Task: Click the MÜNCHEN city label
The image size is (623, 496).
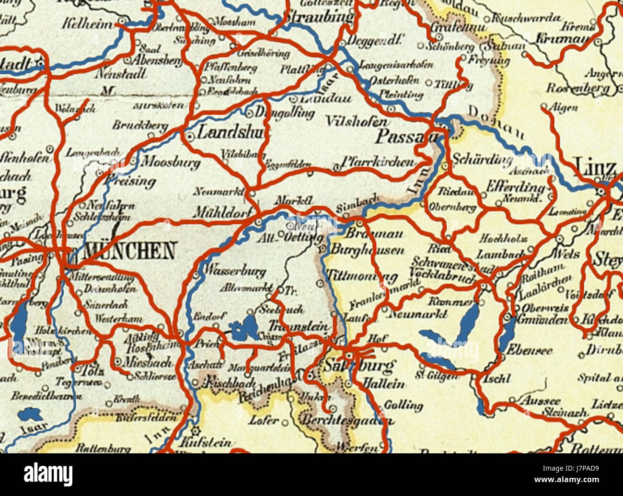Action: coord(129,251)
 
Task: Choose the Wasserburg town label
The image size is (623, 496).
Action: coord(235,271)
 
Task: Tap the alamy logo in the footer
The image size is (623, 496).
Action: coord(48,474)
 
